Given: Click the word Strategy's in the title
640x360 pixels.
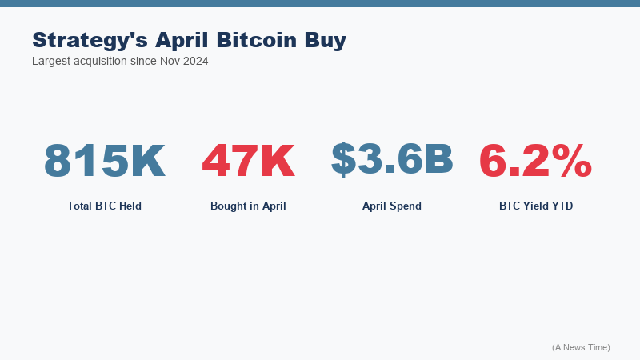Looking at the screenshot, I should coord(90,40).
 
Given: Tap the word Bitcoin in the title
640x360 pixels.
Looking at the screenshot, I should coord(258,40).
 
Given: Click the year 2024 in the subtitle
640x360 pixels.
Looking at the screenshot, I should coord(194,61).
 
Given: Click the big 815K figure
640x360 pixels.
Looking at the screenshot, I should coord(104,160).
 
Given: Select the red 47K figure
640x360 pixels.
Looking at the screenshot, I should coord(248,160).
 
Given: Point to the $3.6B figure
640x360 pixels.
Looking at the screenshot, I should coord(392,158).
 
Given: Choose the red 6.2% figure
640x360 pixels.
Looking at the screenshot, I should coord(535,160).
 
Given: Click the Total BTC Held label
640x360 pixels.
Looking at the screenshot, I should coord(104,206).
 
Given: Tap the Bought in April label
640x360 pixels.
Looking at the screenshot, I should coord(248,206).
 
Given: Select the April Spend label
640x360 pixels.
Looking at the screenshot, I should coord(392,206).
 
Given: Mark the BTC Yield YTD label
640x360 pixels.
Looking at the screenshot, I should coord(536,206).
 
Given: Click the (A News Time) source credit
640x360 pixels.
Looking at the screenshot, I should coord(581,347).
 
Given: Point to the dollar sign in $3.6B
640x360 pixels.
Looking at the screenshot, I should coord(344,158).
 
